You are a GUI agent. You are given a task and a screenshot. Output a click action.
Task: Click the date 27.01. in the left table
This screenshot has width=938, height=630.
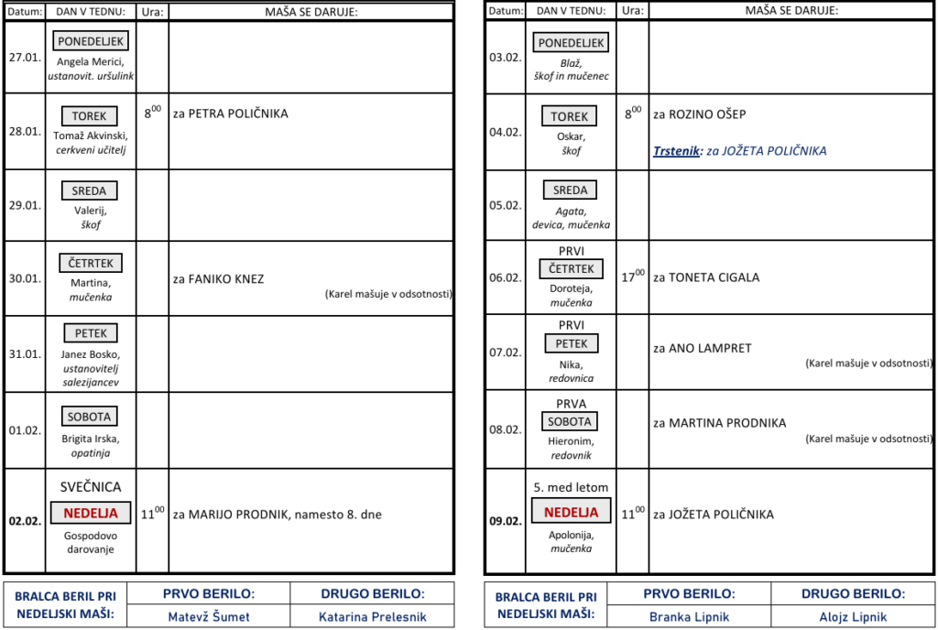coord(25,58)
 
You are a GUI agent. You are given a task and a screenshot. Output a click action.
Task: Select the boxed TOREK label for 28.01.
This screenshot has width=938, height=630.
coord(89,116)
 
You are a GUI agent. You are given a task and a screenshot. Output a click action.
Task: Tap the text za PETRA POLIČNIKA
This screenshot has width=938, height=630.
coord(230,114)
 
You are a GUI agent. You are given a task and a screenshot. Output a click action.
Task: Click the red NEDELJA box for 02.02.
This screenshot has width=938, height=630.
coord(91,513)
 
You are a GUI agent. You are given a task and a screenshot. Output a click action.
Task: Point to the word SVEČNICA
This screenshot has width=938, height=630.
coord(91,487)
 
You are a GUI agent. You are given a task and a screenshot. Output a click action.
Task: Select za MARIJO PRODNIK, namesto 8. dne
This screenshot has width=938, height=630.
coord(277,515)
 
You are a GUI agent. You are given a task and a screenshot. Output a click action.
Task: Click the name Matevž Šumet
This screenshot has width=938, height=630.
coord(209,617)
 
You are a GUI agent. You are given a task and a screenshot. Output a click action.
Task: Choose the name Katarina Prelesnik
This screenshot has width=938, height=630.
coord(373,617)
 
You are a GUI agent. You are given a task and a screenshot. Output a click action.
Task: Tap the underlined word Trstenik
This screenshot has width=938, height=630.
coord(676,150)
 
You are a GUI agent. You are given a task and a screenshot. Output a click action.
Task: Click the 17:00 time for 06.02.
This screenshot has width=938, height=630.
coord(632,277)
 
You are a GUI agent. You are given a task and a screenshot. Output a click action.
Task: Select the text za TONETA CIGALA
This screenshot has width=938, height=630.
coord(706,277)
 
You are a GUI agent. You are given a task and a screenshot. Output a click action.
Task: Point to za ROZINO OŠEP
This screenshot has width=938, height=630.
coord(699,114)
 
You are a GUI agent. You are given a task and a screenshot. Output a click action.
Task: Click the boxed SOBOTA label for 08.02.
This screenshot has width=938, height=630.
coord(570,421)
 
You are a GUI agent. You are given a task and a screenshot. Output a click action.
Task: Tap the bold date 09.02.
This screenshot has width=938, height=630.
coord(506,521)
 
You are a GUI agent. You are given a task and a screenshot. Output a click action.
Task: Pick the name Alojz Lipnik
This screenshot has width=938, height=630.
coord(853,617)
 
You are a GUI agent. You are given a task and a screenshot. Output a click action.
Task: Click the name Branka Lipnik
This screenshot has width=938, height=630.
coord(689,617)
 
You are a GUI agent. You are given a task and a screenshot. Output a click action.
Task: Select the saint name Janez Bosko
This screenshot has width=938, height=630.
coord(91,354)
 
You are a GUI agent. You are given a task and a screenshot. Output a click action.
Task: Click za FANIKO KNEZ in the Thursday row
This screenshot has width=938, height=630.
coord(218,279)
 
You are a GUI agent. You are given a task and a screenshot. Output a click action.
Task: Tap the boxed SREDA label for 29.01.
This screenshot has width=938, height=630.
coord(89,190)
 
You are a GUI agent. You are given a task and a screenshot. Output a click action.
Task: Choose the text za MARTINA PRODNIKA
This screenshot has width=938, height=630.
coord(720,423)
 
